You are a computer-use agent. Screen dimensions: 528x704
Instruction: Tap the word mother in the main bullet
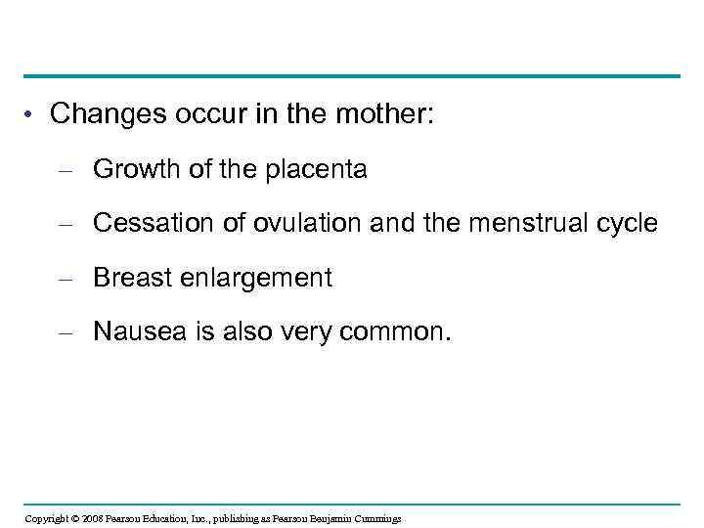point(377,114)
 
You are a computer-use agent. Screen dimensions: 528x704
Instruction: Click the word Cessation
point(149,224)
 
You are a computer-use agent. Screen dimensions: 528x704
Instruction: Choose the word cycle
point(628,224)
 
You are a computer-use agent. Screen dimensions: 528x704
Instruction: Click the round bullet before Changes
point(31,116)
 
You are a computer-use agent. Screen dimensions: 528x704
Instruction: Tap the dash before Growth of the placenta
point(66,172)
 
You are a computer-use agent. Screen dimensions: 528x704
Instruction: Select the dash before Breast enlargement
point(66,280)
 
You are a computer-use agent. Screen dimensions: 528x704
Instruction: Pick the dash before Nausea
point(66,333)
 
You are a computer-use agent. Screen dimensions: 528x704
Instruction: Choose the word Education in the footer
point(171,518)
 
